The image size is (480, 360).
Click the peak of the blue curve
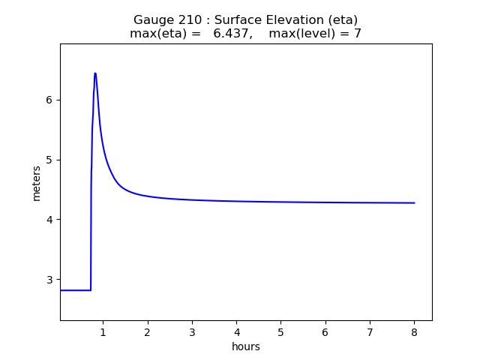pos(95,73)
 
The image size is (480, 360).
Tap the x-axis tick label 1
pos(103,332)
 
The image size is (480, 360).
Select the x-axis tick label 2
pos(147,332)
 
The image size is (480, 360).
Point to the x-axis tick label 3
pos(192,332)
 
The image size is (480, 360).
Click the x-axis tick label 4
pos(236,332)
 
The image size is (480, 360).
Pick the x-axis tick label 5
pos(280,332)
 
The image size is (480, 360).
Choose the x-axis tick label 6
pos(325,332)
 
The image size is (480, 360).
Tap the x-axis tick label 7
pos(370,332)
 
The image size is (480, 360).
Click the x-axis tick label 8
pos(414,332)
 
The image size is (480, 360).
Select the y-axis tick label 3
pos(49,279)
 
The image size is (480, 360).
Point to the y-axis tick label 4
pos(49,220)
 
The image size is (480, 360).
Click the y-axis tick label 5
pos(49,160)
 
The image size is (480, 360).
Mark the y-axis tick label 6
pos(49,100)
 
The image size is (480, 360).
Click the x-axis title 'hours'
pos(246,346)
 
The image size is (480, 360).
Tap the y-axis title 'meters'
pos(37,182)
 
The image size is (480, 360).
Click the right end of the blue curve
pos(414,202)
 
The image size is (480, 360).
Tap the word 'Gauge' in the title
pos(151,19)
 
